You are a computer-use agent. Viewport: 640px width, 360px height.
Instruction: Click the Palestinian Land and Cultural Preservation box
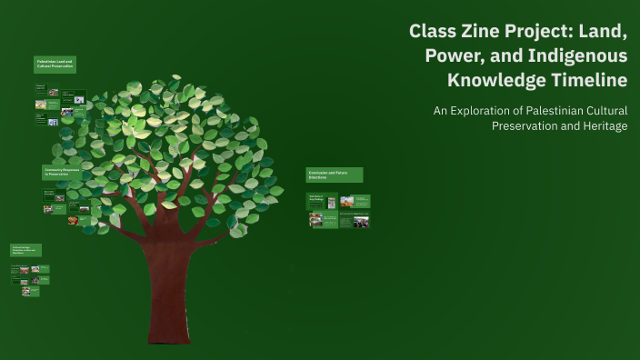click(x=55, y=65)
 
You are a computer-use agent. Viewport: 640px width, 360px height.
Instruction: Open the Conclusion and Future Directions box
click(x=335, y=175)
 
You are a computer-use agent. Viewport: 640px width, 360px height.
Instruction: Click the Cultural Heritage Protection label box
click(x=25, y=250)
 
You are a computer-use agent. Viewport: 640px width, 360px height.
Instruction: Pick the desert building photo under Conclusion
click(x=346, y=201)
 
